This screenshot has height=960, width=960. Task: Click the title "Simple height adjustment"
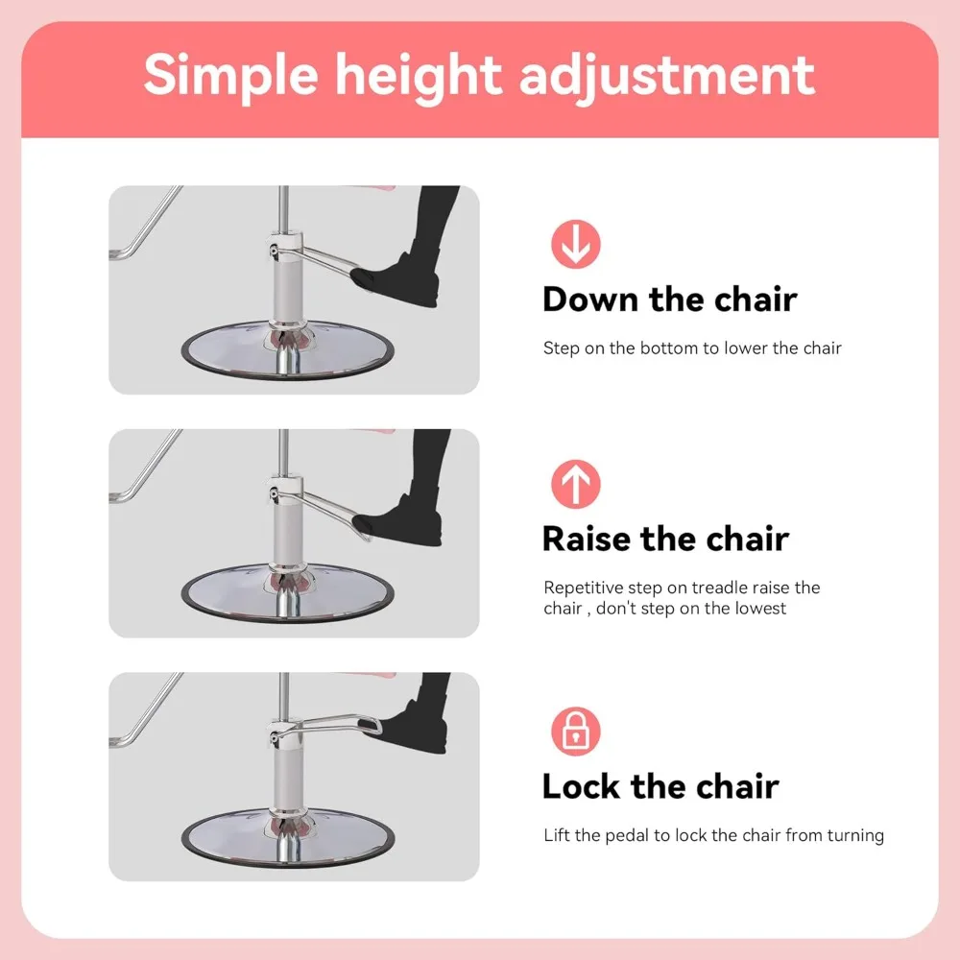pos(479,75)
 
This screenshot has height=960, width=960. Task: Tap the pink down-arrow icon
pos(576,244)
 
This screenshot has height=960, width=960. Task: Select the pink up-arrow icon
pos(576,484)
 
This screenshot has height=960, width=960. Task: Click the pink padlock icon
pos(576,732)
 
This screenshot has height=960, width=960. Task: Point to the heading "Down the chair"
pos(669,300)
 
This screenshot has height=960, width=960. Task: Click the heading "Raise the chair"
pos(665,539)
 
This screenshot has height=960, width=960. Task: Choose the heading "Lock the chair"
pos(660,786)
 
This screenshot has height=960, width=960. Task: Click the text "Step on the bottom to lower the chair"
pos(692,348)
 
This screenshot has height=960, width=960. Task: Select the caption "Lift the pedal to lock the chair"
pos(713,835)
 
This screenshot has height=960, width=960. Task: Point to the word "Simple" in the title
pos(228,75)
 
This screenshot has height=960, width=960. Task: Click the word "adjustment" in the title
pos(667,75)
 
